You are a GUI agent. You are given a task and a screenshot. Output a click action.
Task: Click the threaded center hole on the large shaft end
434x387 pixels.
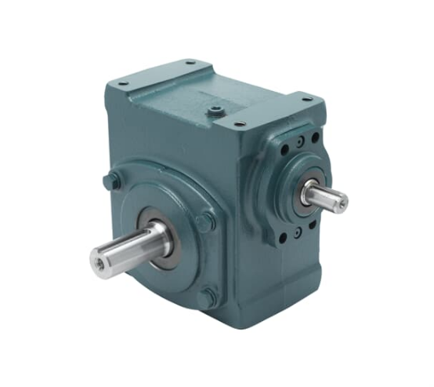coord(99,257)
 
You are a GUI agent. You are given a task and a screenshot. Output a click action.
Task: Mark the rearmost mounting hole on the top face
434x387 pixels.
coord(190,63)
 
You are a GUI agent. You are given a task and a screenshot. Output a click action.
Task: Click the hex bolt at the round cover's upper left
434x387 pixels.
coord(115,180)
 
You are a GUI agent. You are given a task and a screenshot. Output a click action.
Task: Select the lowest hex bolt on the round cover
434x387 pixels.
coord(208,298)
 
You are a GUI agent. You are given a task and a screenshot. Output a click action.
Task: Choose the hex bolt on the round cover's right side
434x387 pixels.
coord(206,222)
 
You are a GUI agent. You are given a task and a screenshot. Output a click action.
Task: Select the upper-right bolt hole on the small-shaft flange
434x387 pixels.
coord(314,137)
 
